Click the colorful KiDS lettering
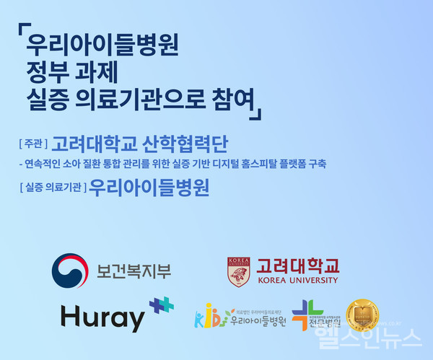point(209,317)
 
